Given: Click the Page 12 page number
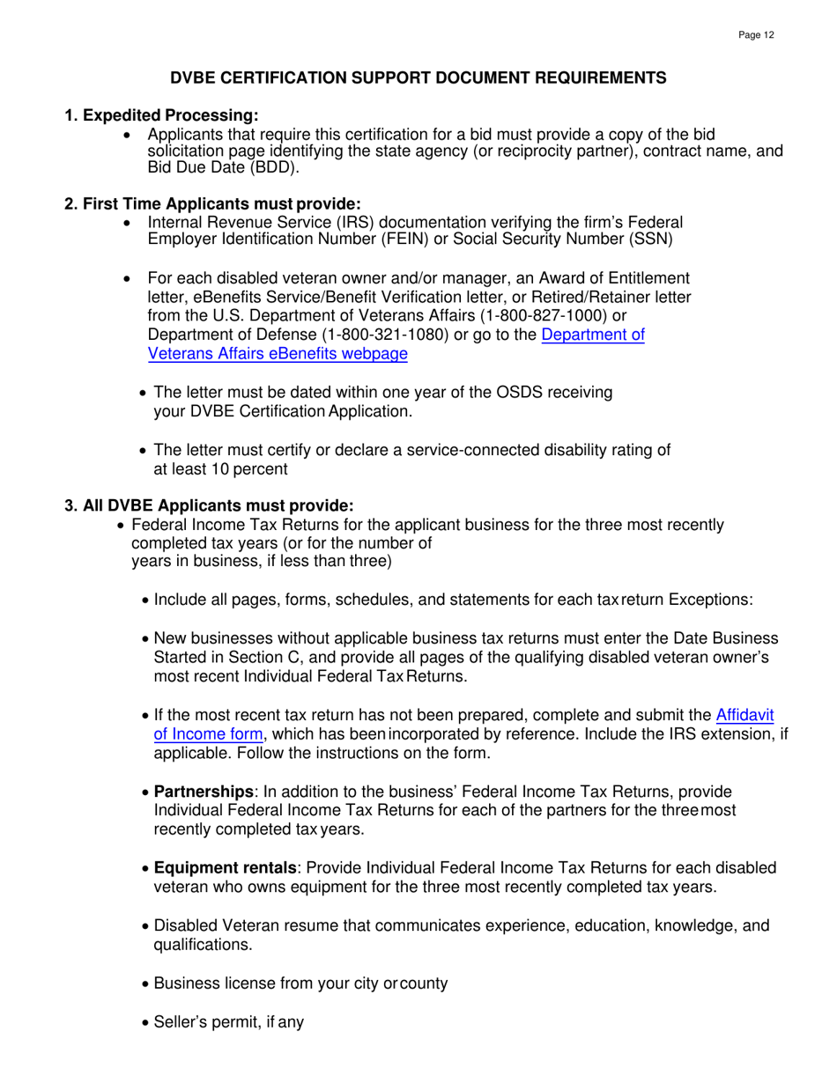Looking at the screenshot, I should [x=756, y=35].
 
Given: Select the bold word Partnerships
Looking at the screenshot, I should [x=204, y=792].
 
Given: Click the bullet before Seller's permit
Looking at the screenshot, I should [x=145, y=1024].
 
